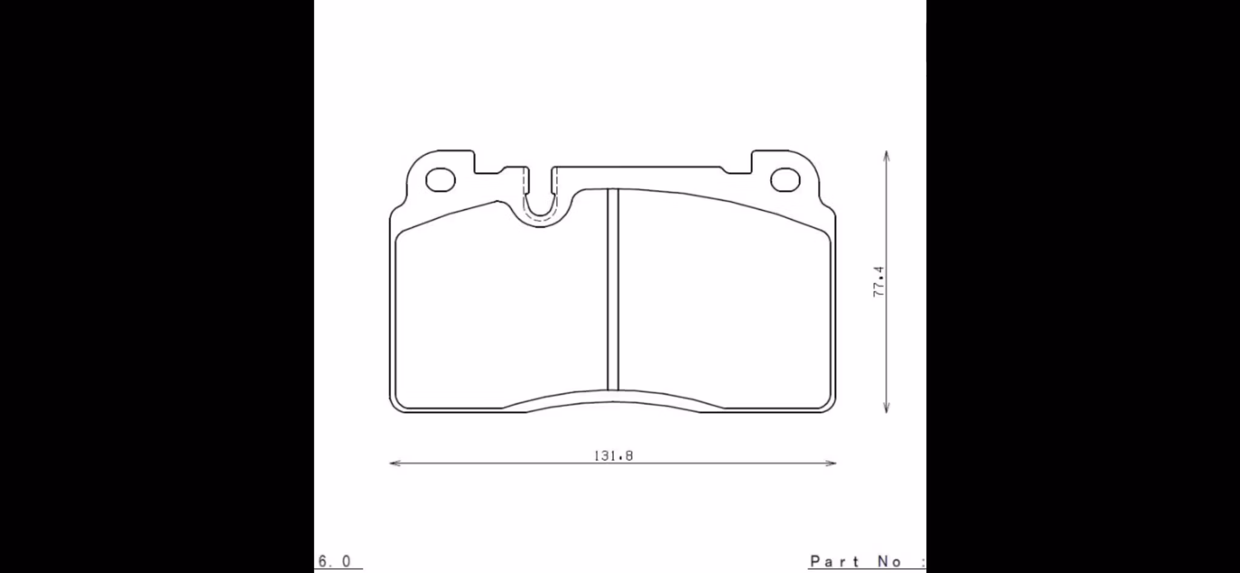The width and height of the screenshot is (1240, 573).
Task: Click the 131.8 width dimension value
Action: point(613,455)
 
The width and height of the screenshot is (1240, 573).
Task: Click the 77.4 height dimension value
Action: point(879,282)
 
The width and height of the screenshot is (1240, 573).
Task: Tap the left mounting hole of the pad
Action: point(440,181)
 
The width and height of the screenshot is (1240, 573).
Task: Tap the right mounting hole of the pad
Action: point(785,181)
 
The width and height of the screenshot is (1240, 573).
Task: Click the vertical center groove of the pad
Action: point(613,290)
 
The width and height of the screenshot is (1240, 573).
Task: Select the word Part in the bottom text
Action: point(834,561)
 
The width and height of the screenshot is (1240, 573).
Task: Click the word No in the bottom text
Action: point(889,561)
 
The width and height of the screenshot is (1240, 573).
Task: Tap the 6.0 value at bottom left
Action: point(334,561)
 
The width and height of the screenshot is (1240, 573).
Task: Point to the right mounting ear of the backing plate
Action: point(793,173)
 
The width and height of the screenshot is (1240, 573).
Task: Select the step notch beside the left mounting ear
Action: point(487,168)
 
